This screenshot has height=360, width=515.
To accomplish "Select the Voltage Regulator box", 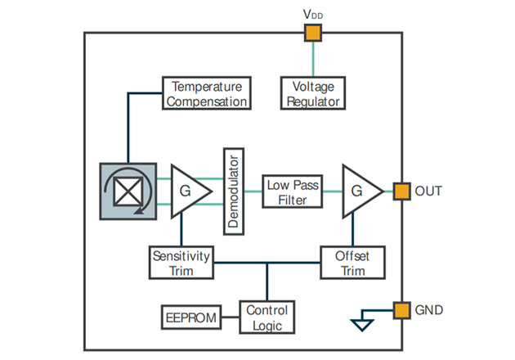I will click(311, 93).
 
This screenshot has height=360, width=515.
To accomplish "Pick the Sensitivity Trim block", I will click(181, 263).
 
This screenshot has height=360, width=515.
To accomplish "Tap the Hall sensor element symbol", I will click(127, 191).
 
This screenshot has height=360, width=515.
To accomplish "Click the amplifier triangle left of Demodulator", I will click(187, 191).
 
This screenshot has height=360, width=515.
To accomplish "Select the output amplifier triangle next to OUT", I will click(358, 191).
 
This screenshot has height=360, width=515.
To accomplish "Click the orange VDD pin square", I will click(312, 33).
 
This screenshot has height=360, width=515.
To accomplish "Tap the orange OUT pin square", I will click(401, 191).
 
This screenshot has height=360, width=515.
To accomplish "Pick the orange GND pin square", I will click(401, 310).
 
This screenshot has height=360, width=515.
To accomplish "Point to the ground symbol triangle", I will click(360, 326).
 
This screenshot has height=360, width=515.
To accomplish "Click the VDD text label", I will click(312, 14).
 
